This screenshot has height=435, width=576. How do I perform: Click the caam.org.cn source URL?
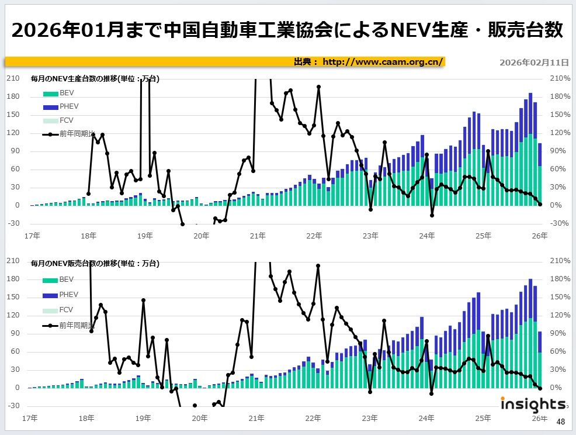(383, 62)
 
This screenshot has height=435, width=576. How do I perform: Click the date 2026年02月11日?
(535, 63)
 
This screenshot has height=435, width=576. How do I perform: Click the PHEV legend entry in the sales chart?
(68, 295)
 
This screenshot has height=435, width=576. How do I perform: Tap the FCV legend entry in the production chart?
(66, 120)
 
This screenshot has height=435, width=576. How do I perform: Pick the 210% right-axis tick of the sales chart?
(560, 261)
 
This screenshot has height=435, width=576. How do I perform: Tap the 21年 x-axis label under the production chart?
(258, 236)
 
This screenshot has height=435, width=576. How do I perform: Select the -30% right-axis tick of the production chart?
(560, 223)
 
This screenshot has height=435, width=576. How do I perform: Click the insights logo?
(532, 404)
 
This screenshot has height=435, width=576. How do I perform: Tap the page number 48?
(560, 422)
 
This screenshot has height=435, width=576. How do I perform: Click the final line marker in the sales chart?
(540, 388)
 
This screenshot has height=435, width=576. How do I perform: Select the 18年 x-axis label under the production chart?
(88, 236)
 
